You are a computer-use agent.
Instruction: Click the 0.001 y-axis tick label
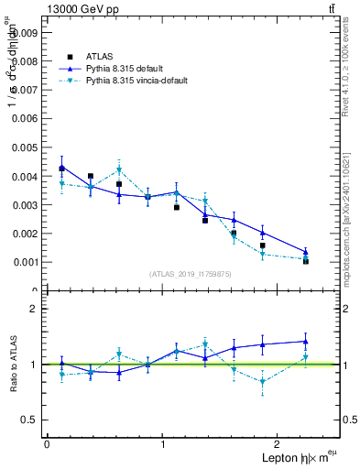tap(24, 262)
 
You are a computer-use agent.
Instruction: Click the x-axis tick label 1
tap(163, 444)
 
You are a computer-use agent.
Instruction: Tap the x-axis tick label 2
tap(279, 444)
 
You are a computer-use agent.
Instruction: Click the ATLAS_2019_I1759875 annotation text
tap(191, 274)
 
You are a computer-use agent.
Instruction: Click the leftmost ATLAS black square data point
tap(61, 169)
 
